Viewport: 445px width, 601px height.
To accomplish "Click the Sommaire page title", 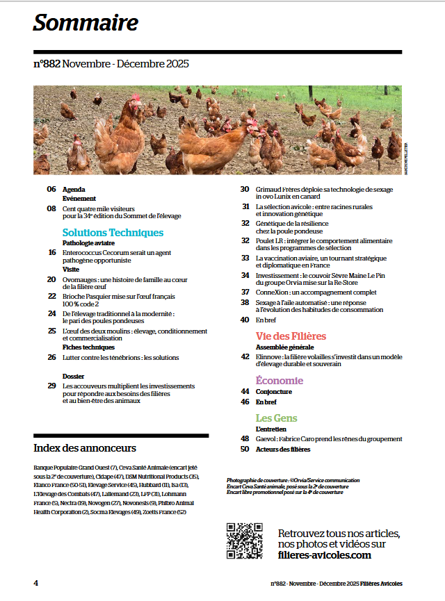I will pos(86,23).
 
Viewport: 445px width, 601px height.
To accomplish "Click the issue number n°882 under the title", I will pos(47,64).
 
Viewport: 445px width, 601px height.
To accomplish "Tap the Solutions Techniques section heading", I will pos(113,232).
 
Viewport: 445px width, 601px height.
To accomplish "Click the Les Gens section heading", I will pos(276,418).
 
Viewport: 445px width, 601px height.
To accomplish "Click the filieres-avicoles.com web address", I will pos(324,555).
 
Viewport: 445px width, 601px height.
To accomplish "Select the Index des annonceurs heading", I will pos(85,447).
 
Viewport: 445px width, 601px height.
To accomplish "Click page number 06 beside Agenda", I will pos(51,190).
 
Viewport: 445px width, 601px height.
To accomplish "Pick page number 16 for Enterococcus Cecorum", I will pos(52,252).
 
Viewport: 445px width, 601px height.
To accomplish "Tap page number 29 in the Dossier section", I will pos(51,386).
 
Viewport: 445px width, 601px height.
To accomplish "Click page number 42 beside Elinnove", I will pos(245,356).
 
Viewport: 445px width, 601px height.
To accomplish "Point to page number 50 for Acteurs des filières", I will pos(245,449).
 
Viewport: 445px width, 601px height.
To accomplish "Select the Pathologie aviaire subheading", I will pos(88,243).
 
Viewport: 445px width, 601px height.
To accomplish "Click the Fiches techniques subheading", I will pos(88,346).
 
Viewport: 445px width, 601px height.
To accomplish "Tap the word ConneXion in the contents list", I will pos(273,293).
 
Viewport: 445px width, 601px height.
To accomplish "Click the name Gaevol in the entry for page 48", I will pos(267,439).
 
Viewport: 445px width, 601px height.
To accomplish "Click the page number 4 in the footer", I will pos(35,583).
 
